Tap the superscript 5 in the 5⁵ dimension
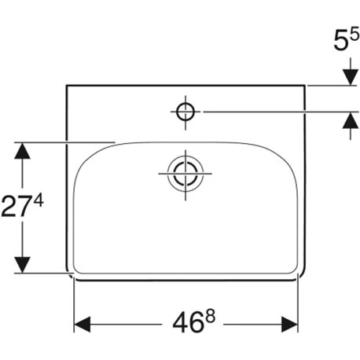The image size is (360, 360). pyautogui.click(x=354, y=35)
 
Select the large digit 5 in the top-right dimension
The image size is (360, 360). pyautogui.click(x=340, y=40)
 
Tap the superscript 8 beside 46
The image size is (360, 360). pyautogui.click(x=211, y=316)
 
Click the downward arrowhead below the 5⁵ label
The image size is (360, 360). pyautogui.click(x=351, y=77)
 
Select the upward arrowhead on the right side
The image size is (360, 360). pyautogui.click(x=351, y=120)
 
